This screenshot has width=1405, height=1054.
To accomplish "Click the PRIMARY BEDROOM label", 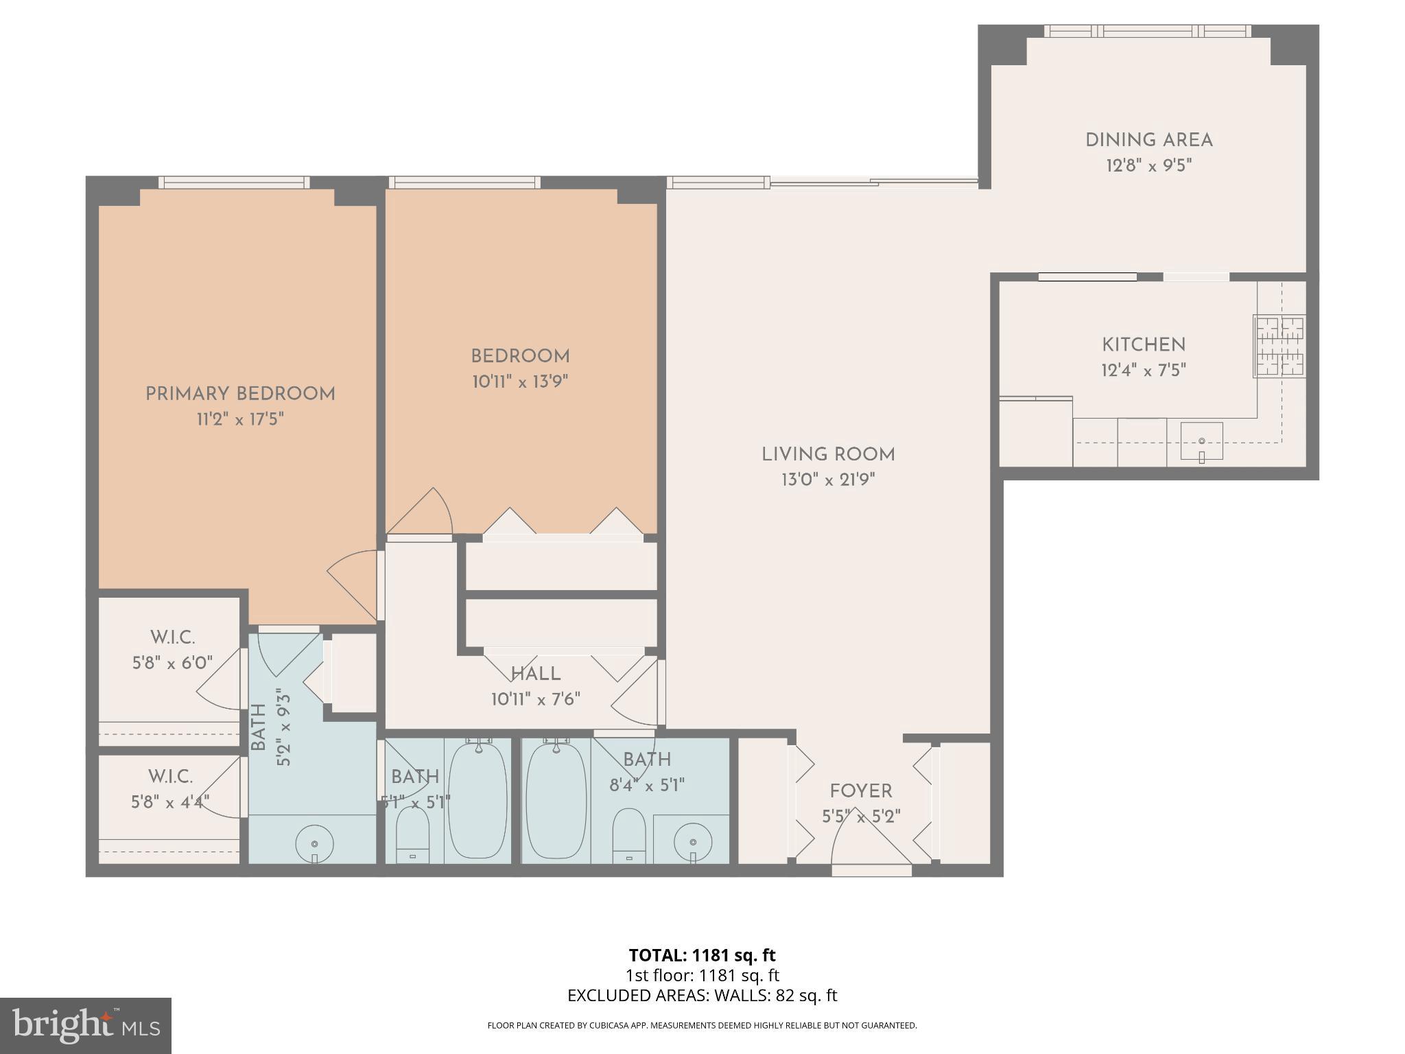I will click(240, 394).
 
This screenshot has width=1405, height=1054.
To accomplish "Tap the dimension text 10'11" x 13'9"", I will click(520, 382).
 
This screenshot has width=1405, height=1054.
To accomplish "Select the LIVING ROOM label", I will click(828, 454).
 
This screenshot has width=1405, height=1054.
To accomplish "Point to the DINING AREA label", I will click(1148, 141).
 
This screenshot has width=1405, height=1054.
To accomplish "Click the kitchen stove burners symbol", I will click(1279, 346).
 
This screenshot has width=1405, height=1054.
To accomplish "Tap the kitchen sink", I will click(1201, 441).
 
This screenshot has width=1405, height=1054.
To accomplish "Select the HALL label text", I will click(536, 674).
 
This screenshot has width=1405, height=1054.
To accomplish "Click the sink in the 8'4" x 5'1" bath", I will click(692, 841).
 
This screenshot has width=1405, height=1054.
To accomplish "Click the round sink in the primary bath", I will click(314, 844).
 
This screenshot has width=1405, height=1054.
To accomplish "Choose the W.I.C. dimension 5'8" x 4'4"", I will click(170, 801).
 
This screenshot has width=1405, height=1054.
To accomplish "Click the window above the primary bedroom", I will click(234, 182).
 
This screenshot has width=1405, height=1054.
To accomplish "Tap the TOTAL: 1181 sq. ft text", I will click(702, 955).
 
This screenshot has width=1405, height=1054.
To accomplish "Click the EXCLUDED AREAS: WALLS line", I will click(702, 995).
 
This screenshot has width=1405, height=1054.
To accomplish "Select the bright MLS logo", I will click(86, 1027).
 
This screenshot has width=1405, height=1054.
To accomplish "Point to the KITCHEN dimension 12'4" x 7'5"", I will click(1143, 371).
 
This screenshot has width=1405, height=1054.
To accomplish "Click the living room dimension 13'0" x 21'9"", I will click(828, 480).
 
